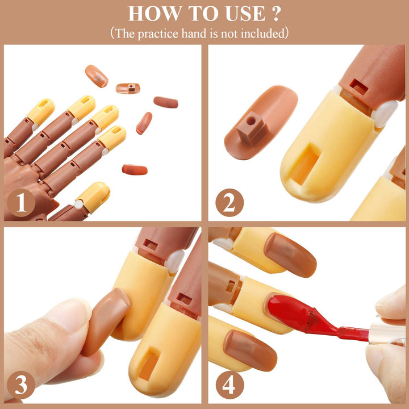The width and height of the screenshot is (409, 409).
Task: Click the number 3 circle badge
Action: click(x=21, y=385)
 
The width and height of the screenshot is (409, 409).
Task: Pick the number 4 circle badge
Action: click(x=229, y=385)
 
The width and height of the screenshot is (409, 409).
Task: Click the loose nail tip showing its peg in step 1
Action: click(x=128, y=88)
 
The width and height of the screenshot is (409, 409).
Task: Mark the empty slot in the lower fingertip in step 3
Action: click(x=149, y=366)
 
